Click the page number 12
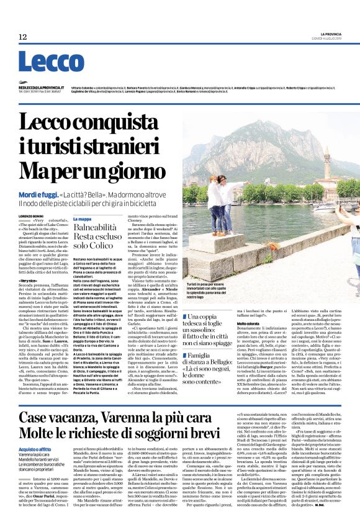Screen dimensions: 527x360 pyautogui.click(x=22, y=37)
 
